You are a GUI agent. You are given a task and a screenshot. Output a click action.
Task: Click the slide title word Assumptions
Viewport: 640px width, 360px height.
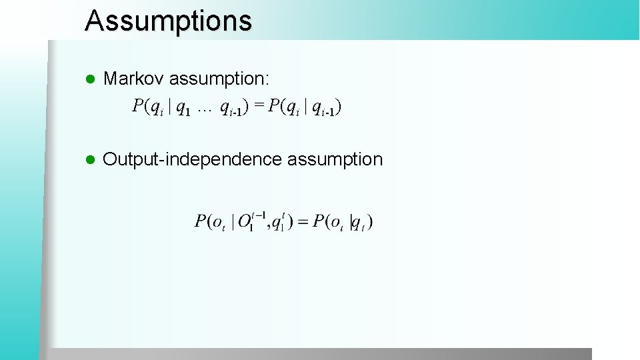168,21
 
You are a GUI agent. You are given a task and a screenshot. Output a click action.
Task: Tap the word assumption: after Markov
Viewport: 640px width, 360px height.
219,79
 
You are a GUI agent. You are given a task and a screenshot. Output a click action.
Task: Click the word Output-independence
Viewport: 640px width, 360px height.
193,159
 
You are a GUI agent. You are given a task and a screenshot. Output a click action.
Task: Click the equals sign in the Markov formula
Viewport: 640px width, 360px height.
259,105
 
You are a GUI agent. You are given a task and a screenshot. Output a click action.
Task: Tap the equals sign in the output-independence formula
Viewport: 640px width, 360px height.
303,221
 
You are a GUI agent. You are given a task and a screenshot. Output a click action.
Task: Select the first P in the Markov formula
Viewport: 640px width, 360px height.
138,105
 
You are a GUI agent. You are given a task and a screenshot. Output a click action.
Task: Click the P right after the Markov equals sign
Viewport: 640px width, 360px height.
273,105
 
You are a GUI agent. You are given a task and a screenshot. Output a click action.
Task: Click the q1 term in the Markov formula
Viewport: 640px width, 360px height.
183,107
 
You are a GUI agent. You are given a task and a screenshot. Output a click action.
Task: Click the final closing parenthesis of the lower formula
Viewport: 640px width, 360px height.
370,222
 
